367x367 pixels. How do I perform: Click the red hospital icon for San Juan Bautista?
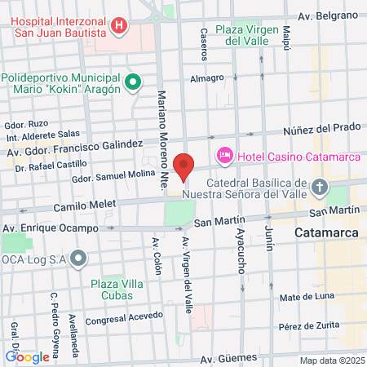[x=120, y=25]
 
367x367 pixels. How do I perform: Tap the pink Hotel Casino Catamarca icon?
[x=224, y=155]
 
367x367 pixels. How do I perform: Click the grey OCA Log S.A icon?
[x=78, y=259]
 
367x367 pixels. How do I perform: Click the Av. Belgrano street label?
[x=328, y=15]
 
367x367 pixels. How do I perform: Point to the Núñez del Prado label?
[x=321, y=129]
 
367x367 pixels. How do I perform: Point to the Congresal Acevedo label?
[x=119, y=320]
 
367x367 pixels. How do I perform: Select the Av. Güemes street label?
[x=229, y=357]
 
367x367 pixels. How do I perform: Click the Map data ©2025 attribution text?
[x=330, y=360]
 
